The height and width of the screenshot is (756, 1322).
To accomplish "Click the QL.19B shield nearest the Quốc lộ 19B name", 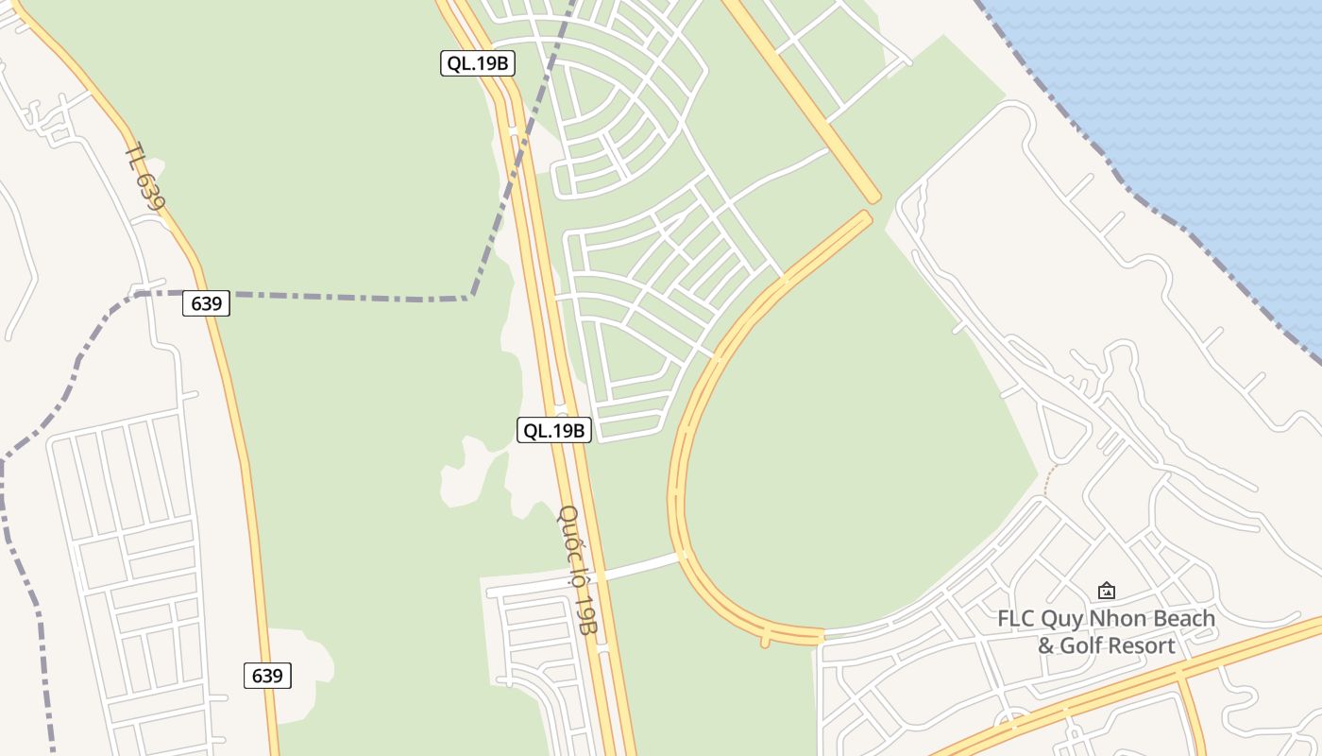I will [x=554, y=430].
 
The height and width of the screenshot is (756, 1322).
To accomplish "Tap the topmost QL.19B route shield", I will [x=478, y=63].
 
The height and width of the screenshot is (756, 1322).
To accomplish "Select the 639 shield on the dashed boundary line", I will [x=206, y=303].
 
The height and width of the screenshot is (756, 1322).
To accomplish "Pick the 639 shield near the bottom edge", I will [x=267, y=676].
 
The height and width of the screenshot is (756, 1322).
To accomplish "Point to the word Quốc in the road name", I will [x=568, y=529].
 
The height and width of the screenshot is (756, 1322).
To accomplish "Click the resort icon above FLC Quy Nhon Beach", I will [x=1107, y=591].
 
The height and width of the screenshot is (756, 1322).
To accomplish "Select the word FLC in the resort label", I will [x=1017, y=619].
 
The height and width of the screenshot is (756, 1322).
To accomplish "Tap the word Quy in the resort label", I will [x=1064, y=620].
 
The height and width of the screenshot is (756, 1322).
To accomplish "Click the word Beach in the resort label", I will [x=1186, y=619].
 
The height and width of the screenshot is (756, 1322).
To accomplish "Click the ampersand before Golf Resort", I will [x=1045, y=645].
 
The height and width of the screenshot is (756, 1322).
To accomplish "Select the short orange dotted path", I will [x=1046, y=482].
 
